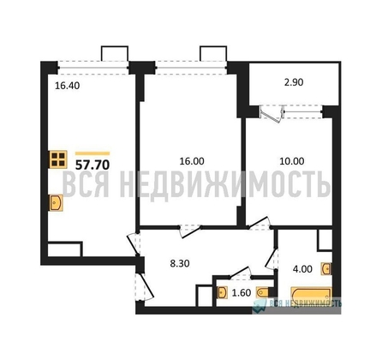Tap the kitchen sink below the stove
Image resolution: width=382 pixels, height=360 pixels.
[56, 203]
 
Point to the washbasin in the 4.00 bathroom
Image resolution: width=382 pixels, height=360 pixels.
[325, 269]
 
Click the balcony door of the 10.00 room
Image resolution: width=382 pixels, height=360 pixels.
[271, 111]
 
